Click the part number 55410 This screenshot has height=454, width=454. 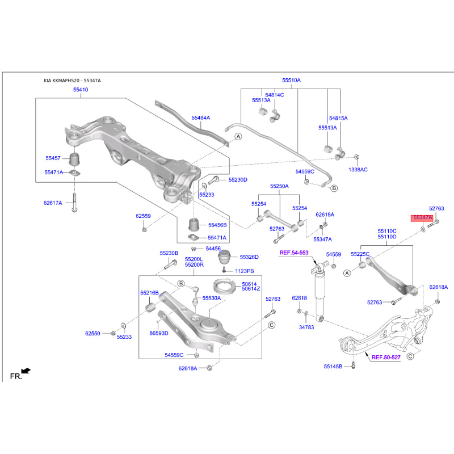coord(80,90)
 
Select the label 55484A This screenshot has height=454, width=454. coord(200,117)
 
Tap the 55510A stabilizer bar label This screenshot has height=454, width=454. coord(291,81)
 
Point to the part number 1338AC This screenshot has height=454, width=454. coord(358,169)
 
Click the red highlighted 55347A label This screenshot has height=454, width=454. coord(422,217)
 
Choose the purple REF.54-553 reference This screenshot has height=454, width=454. coord(293,252)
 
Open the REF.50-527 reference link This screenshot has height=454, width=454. coord(386,357)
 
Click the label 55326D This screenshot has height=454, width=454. coord(249,257)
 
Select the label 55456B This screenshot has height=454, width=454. coord(217,225)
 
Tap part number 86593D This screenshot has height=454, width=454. coord(159,333)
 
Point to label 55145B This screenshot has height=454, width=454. coord(333,367)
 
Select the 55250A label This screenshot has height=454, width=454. coord(279,186)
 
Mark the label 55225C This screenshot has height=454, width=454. coord(360,254)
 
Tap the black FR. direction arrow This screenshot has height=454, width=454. coord(26,371)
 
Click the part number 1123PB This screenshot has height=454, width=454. coord(245,271)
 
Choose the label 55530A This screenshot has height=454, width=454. coord(212,297)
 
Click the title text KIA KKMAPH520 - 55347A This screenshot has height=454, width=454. coord(73,81)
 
